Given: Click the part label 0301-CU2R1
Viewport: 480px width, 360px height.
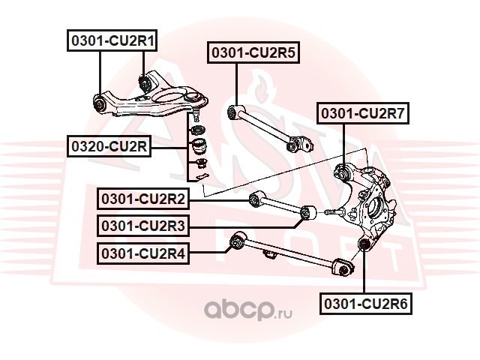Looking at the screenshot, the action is point(112,40).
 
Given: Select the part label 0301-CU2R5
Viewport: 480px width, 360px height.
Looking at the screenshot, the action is point(253,52).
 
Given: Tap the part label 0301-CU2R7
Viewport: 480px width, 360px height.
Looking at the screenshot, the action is point(363,113).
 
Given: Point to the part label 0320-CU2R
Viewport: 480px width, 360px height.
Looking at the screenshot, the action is point(109,146).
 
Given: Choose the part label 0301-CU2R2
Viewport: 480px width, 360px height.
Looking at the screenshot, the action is point(143,199).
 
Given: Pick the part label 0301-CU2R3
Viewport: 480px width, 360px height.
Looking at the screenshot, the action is point(143,226).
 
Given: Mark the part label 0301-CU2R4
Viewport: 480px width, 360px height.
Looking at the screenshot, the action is point(143,253).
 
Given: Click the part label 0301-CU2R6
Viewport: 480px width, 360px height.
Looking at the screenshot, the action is point(366,304).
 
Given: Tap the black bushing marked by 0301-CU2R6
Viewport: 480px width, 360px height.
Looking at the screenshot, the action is point(364,244).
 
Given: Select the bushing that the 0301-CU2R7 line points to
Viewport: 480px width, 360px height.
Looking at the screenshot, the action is point(343,172).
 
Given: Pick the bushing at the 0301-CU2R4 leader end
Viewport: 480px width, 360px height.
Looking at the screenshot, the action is point(238,241).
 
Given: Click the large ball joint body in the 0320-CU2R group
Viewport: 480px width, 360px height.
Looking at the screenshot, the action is point(198,145).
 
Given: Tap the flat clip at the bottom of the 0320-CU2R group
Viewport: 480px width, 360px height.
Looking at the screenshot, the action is point(199,177).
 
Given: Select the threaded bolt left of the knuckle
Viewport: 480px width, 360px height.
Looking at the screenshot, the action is point(334,211).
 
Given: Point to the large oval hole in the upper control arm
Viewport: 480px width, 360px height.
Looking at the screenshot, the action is point(169,97).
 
